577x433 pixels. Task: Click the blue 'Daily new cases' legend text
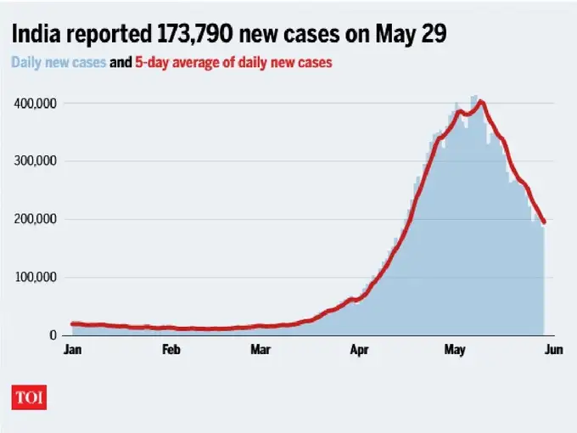click(x=58, y=62)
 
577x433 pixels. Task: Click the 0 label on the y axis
click(x=53, y=335)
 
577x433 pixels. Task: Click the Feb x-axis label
click(x=171, y=349)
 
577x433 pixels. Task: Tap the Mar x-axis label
click(x=260, y=349)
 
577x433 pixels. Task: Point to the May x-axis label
click(x=451, y=349)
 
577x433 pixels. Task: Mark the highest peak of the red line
click(x=481, y=102)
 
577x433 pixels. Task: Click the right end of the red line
click(x=544, y=222)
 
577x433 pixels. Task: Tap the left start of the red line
click(x=72, y=323)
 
